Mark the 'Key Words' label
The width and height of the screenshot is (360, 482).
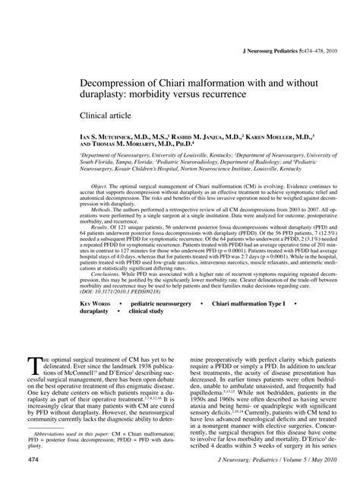(x=96, y=304)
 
